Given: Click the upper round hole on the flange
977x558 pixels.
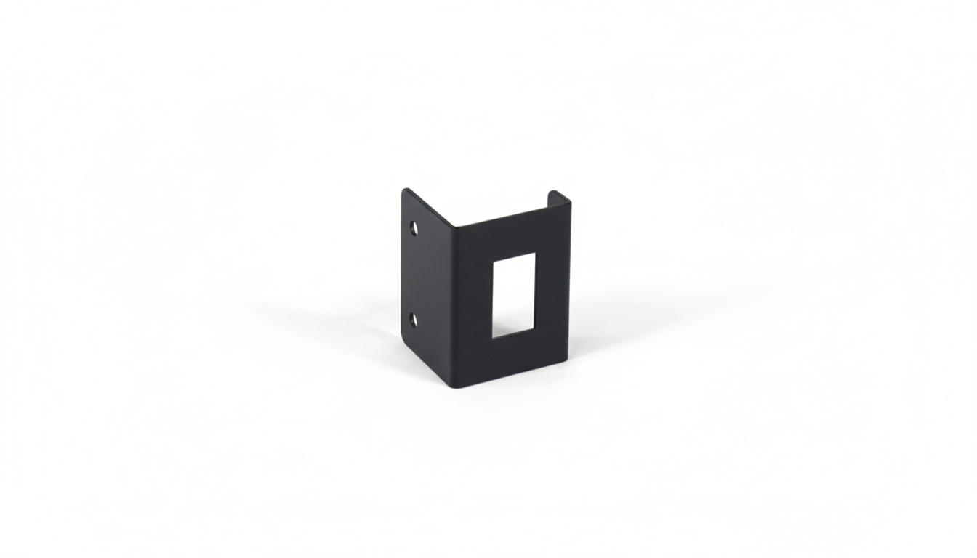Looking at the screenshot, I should (x=414, y=228).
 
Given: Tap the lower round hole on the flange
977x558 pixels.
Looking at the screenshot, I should (x=414, y=319).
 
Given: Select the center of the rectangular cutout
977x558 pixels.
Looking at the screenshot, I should (x=514, y=295).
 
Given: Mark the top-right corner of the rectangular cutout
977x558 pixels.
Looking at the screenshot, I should (x=535, y=253).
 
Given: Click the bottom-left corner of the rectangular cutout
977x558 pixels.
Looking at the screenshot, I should (x=494, y=338).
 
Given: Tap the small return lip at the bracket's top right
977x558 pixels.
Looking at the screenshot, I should (x=559, y=195).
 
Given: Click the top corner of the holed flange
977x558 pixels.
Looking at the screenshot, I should (x=405, y=190).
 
